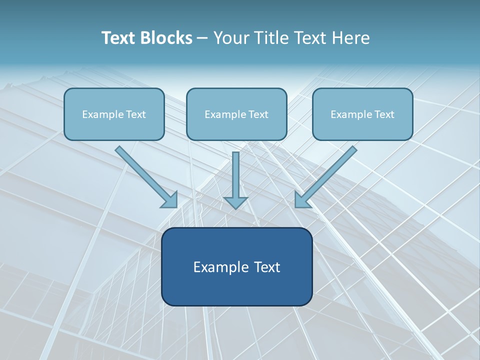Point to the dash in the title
point(202,38)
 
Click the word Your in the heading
point(231,38)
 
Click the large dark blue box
point(236,290)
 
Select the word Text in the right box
point(384,114)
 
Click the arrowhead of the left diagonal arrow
point(170,200)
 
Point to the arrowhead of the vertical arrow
point(235,202)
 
